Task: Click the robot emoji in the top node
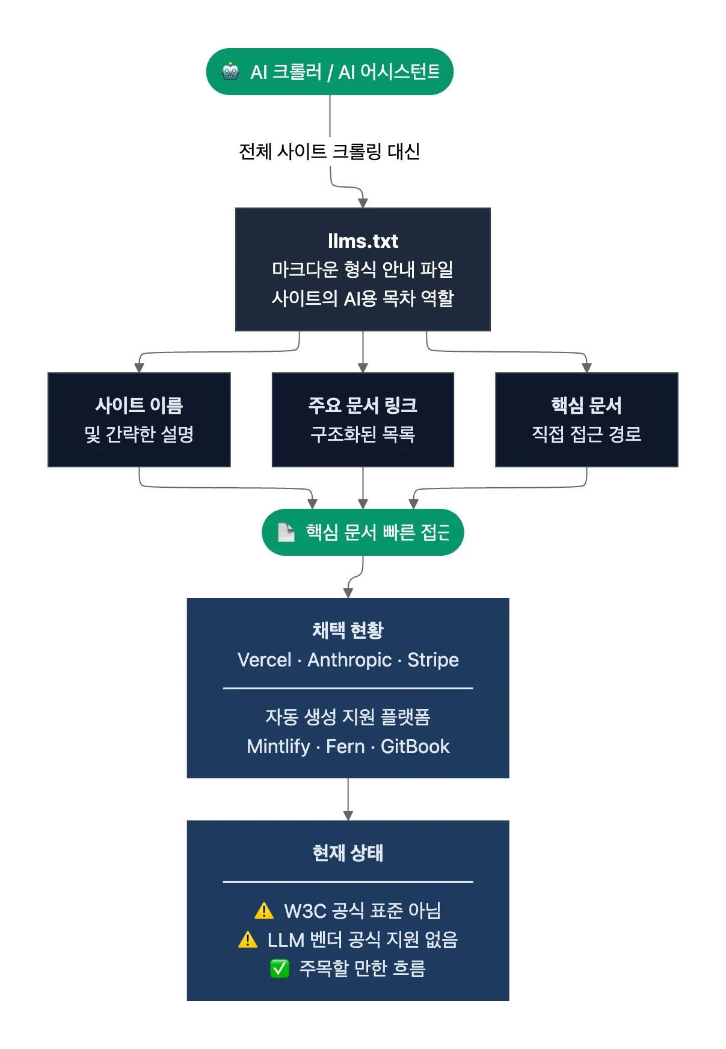coord(230,72)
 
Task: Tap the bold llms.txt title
coord(363,241)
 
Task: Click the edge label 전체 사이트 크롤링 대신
coord(329,152)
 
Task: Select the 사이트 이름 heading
coord(139,405)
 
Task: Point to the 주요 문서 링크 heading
coord(363,405)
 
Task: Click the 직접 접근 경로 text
coord(586,434)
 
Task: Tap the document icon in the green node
coord(286,532)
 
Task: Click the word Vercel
coord(264,660)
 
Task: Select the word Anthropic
coord(349,660)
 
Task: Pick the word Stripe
coord(433,660)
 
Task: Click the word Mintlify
coord(278,746)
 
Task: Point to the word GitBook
coord(415,746)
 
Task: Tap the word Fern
coord(345,746)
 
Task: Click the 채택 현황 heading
coord(348,630)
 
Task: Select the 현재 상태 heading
coord(348,853)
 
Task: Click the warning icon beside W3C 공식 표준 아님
coord(263,911)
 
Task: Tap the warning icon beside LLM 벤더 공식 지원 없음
coord(247,940)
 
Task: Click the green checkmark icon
coord(280,968)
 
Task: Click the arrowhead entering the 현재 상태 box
coord(348,816)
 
